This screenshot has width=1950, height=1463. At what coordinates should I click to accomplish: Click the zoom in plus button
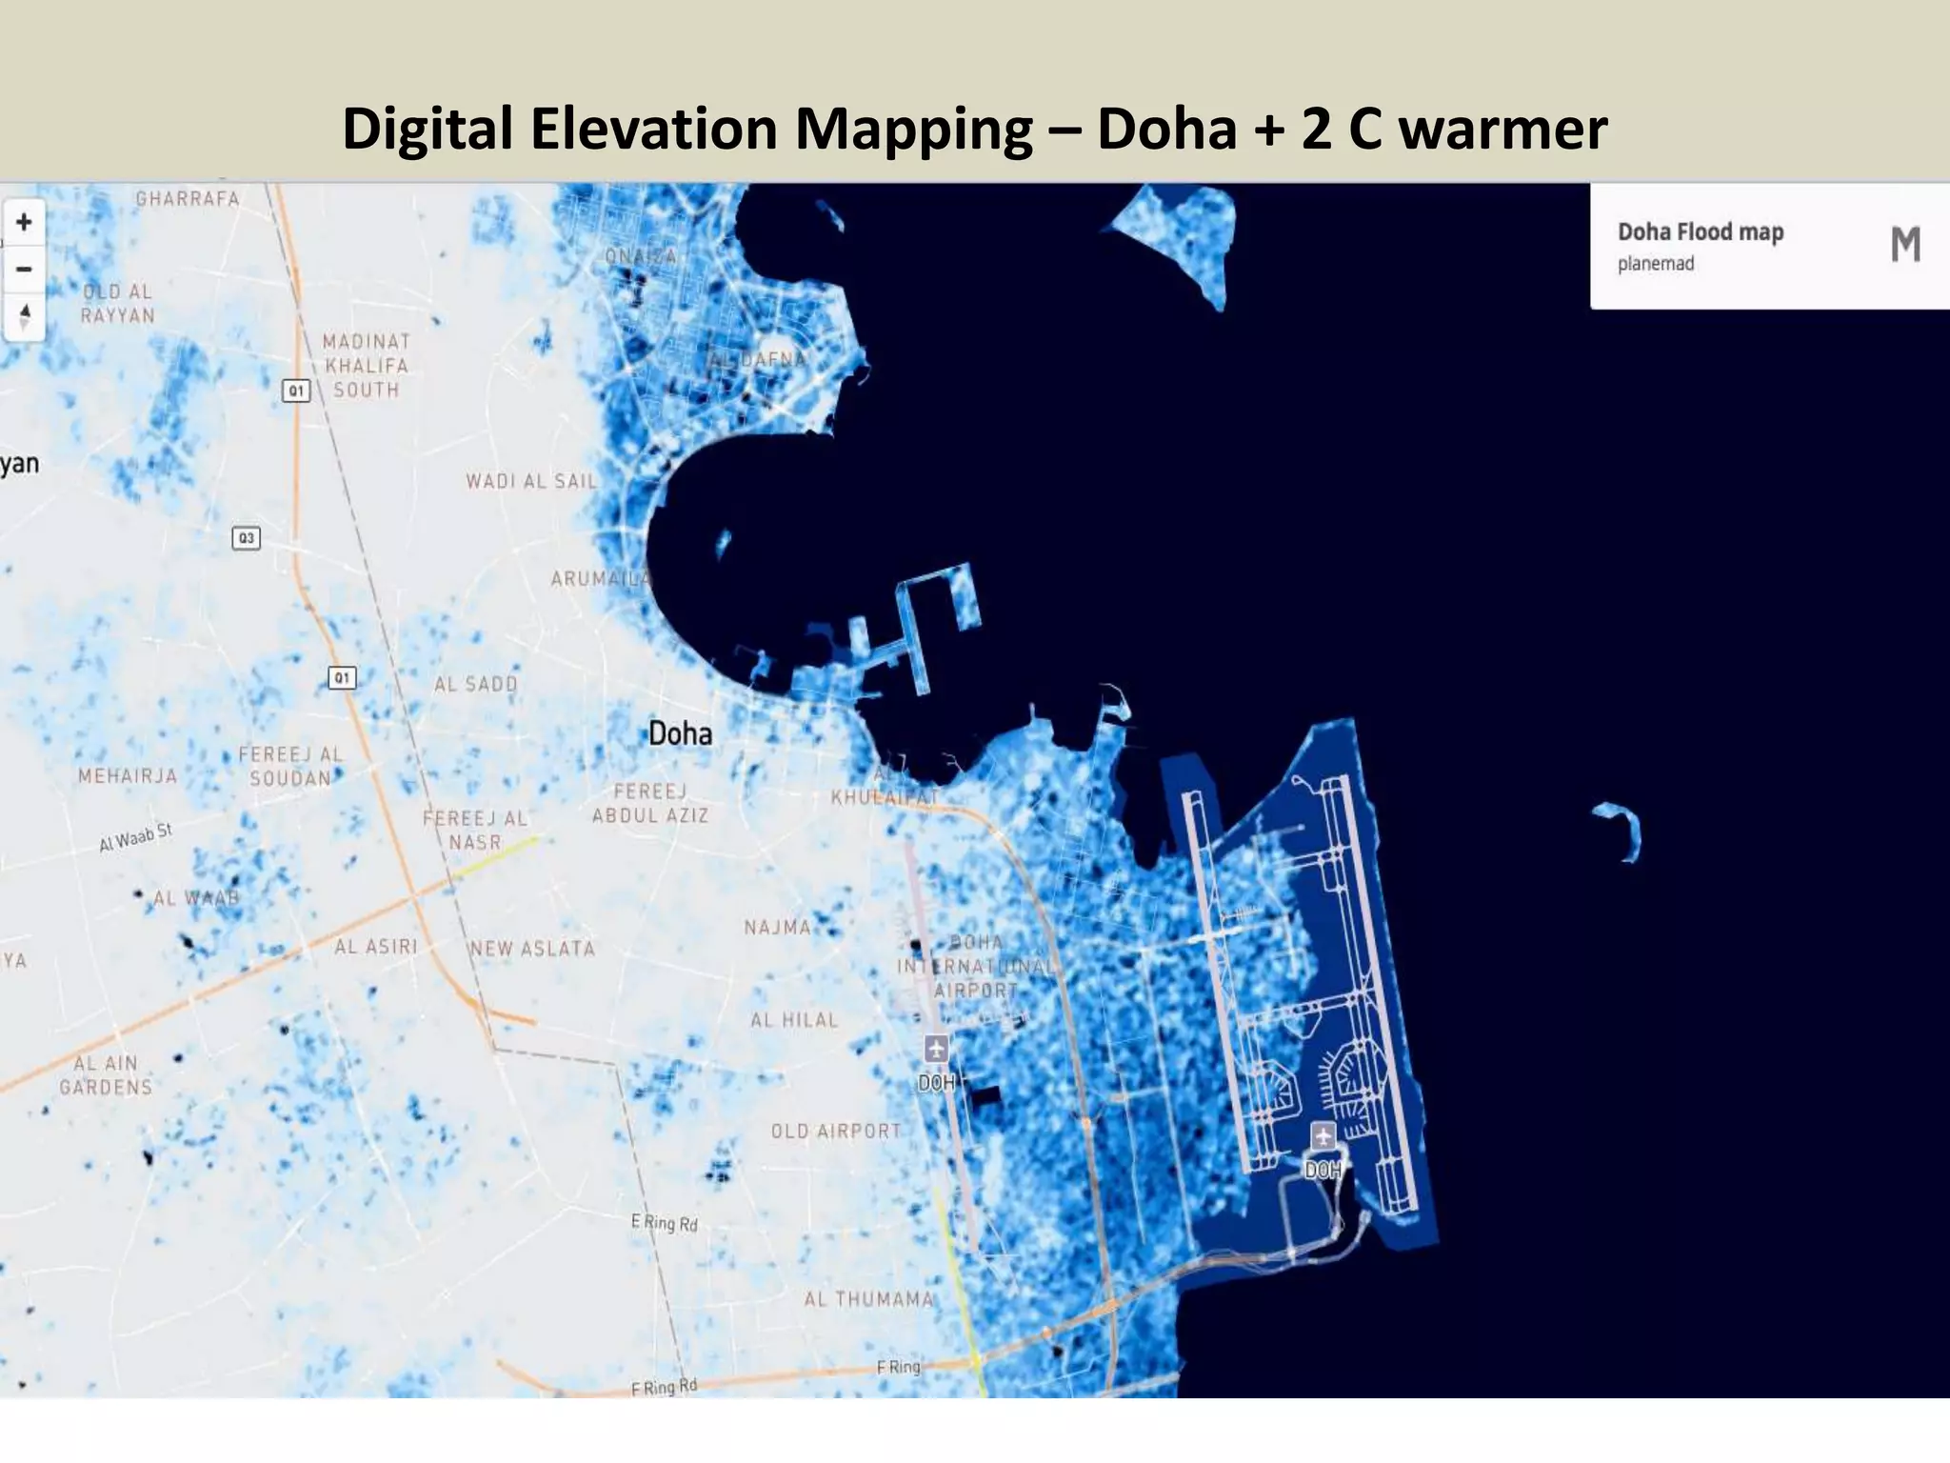pos(24,223)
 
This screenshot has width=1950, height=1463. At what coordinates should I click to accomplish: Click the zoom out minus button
pos(24,270)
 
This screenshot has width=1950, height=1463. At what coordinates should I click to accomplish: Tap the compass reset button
pos(24,315)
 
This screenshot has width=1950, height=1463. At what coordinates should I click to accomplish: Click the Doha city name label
pos(680,733)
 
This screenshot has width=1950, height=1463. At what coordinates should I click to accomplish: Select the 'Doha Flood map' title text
pos(1701,231)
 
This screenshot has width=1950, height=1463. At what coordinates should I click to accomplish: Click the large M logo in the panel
pos(1905,245)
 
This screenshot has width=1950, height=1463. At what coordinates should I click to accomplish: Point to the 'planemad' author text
pos(1656,264)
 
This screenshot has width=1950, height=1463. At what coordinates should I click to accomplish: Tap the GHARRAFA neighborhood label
pos(188,199)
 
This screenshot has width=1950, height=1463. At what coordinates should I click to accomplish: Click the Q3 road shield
pos(247,538)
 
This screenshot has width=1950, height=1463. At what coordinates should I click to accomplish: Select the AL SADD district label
pos(476,684)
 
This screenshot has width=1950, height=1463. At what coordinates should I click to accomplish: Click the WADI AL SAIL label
pos(531,481)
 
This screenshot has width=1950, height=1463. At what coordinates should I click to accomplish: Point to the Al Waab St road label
pos(135,837)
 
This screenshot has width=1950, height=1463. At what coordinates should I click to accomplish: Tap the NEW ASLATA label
pos(532,949)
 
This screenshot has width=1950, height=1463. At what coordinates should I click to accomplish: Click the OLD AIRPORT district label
pos(836,1132)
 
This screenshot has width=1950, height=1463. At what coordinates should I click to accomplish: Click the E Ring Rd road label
pos(665,1222)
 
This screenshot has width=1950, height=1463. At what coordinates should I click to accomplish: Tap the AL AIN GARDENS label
pos(106,1075)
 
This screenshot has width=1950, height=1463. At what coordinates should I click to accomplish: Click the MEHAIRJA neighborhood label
pos(128,776)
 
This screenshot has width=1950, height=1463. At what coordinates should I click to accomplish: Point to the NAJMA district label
pos(778,927)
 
